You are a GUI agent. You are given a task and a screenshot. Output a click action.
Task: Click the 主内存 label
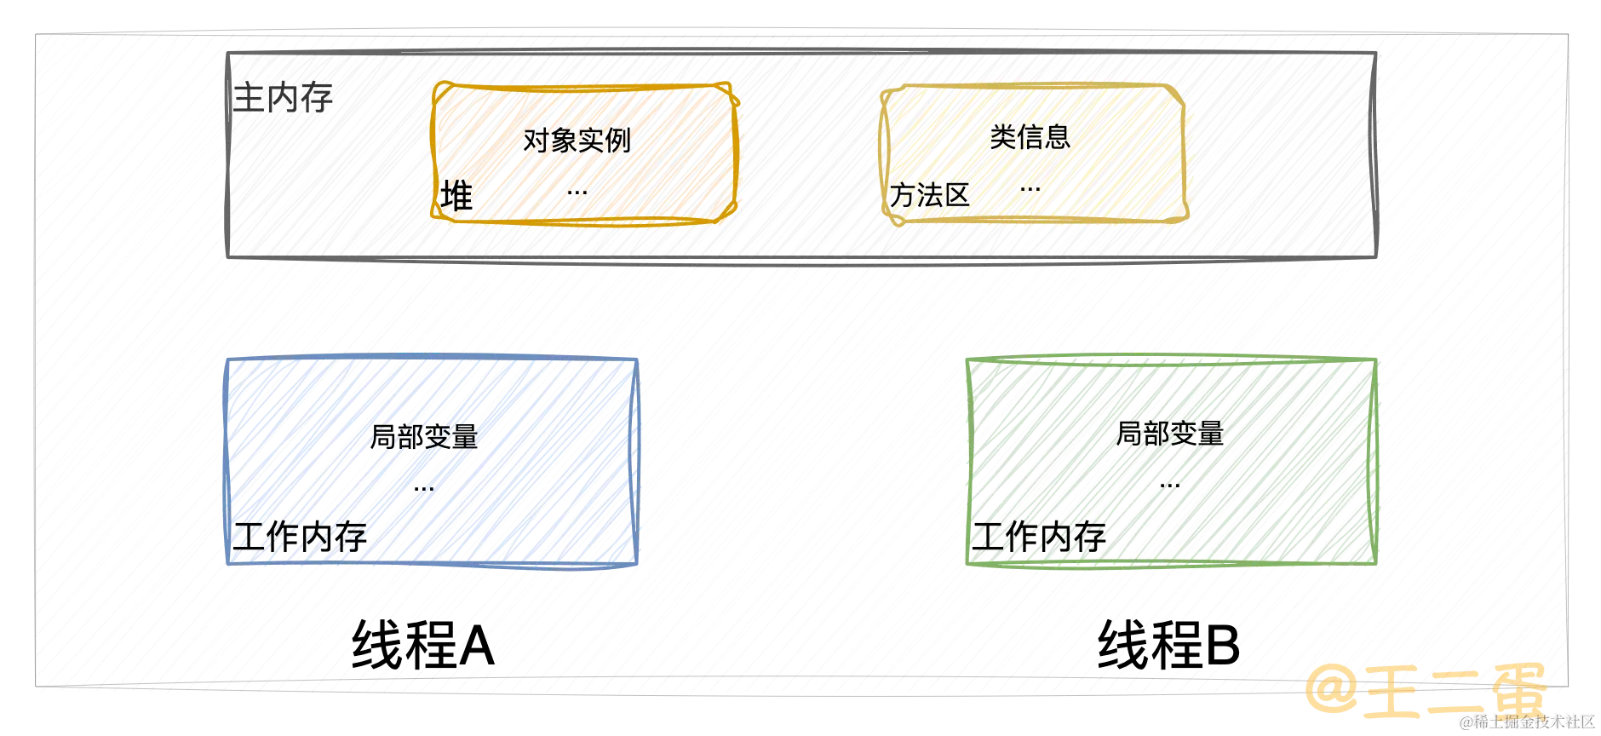click(284, 97)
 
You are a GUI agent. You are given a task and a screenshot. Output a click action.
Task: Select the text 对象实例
click(577, 139)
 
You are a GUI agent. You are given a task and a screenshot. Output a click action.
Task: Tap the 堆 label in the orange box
click(457, 195)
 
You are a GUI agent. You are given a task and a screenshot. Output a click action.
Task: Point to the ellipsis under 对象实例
click(577, 193)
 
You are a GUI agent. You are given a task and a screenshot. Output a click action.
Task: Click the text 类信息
click(1030, 136)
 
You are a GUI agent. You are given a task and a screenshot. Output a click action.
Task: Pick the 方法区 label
click(929, 195)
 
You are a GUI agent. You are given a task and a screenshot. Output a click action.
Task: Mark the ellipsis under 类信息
click(1030, 188)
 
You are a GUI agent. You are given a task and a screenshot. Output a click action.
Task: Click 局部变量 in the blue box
click(422, 435)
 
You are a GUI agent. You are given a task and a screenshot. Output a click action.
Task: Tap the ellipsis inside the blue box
click(422, 487)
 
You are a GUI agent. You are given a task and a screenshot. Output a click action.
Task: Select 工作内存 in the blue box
click(300, 536)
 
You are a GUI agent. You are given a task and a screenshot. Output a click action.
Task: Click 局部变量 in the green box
click(1170, 434)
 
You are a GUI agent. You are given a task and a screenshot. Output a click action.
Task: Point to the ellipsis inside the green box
click(1169, 486)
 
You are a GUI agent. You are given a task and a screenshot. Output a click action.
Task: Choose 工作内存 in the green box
click(1040, 536)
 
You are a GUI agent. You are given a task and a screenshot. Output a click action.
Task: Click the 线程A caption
click(422, 644)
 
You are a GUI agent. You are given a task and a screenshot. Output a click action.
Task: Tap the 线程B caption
click(1167, 644)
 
